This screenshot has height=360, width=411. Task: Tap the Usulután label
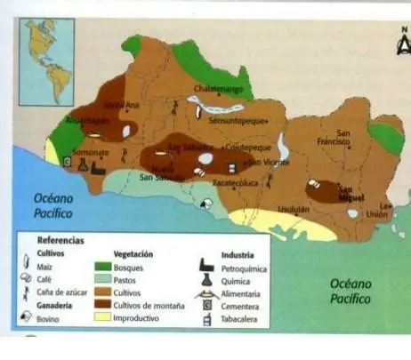click(x=294, y=209)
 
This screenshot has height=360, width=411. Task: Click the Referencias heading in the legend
click(x=60, y=240)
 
